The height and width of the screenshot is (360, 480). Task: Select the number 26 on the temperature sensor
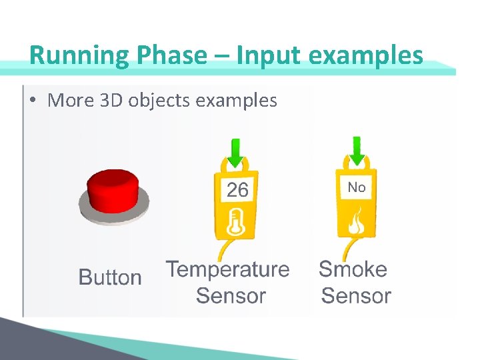[x=237, y=191]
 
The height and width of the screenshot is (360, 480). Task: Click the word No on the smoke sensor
[x=357, y=187]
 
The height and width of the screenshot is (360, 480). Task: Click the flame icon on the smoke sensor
[x=356, y=221]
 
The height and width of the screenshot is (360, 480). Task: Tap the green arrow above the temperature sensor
[x=235, y=153]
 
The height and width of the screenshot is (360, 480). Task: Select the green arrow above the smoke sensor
[x=357, y=151]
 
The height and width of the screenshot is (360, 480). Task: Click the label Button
[x=110, y=277]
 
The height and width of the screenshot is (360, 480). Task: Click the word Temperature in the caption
[x=228, y=269]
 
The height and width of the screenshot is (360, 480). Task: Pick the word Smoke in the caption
[x=353, y=269]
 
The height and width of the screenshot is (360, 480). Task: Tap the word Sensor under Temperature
[x=231, y=296]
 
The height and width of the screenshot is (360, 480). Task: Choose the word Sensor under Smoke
[x=356, y=296]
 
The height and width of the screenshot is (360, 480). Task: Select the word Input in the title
[x=261, y=55]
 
